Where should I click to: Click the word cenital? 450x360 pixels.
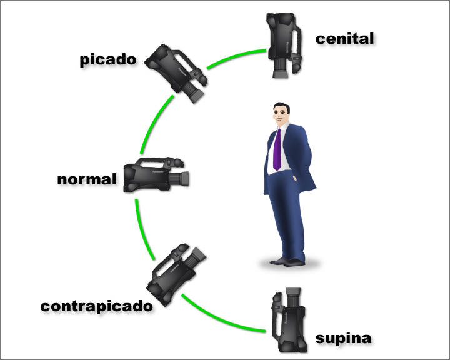point(344,39)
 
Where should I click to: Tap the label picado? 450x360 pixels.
point(108,60)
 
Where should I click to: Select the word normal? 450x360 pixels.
point(87,180)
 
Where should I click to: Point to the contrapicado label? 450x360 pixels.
point(96,307)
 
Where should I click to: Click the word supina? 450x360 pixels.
point(343,339)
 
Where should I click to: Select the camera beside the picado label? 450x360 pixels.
point(176,71)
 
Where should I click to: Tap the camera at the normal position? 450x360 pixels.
point(156,174)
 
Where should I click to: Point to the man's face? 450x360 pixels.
point(281,116)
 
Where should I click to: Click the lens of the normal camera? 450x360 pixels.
point(183,179)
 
